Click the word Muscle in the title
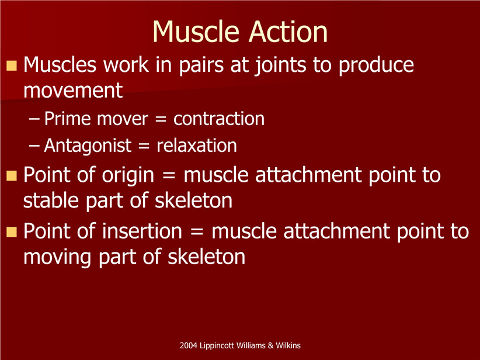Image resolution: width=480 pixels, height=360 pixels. [196, 32]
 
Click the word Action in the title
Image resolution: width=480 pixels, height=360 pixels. [288, 32]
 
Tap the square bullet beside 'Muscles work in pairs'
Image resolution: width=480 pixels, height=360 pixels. [12, 65]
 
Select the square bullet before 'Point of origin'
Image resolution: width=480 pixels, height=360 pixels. [12, 175]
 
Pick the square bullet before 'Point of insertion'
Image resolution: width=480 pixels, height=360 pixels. [12, 231]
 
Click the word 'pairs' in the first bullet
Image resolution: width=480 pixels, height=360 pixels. [201, 65]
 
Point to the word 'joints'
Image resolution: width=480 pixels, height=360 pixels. [280, 65]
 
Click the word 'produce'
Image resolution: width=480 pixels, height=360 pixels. [376, 65]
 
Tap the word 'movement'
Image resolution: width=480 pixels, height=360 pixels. [73, 91]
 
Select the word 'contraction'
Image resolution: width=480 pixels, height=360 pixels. [219, 119]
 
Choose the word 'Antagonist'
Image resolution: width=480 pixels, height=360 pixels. [88, 146]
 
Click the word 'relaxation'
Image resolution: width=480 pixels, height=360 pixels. [197, 146]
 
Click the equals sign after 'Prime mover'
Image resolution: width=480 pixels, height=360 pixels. [161, 119]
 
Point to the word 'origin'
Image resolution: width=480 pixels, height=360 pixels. [128, 175]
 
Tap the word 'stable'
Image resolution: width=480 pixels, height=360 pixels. [51, 200]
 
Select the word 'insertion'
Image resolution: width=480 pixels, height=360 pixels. [142, 231]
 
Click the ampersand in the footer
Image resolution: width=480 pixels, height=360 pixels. [270, 345]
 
